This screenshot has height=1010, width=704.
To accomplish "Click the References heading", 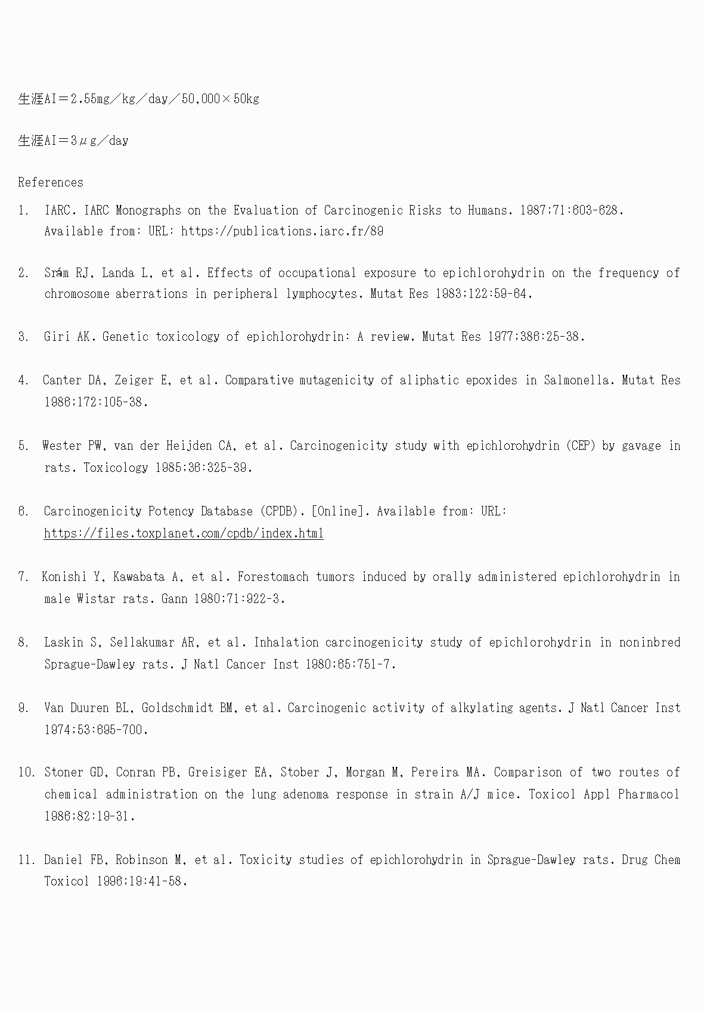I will (x=51, y=182).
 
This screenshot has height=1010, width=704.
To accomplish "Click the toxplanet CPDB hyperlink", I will (x=184, y=533).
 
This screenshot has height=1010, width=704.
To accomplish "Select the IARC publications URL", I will (x=282, y=231).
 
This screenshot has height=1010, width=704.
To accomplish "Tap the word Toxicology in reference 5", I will (x=115, y=468).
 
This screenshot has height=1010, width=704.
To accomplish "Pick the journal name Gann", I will (x=175, y=599).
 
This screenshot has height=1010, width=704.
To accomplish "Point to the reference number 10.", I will (x=26, y=772).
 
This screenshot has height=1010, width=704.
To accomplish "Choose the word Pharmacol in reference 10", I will (x=649, y=794).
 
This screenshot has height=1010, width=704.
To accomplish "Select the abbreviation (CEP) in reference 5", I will (x=581, y=446).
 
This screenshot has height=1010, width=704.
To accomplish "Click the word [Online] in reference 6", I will (x=337, y=511).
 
